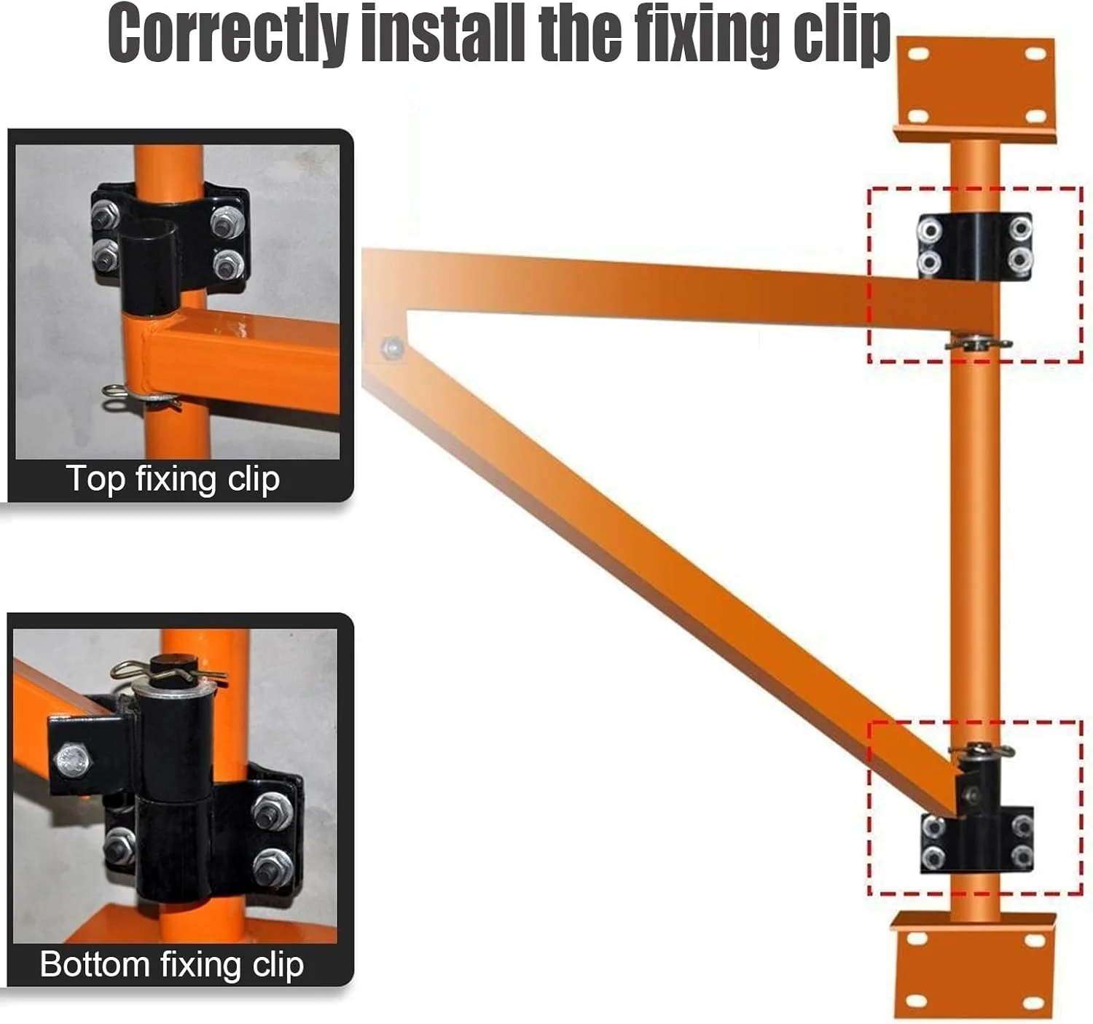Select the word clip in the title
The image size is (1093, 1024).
842,35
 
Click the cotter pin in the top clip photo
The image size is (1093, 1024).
141,397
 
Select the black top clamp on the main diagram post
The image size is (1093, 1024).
974,246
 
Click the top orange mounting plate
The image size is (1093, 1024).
975,88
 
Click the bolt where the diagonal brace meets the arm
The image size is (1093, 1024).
393,347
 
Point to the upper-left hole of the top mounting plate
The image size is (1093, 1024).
919,53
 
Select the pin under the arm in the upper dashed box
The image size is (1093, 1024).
978,343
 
